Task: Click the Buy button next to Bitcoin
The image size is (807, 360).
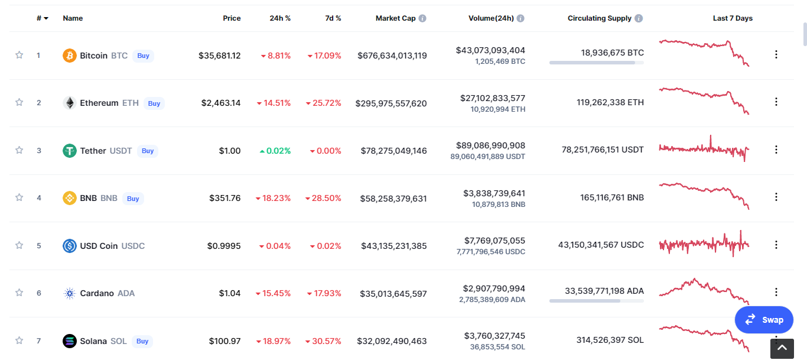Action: click(143, 56)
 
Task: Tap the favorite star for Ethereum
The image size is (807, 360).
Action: click(19, 102)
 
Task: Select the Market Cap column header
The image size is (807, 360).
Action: click(396, 18)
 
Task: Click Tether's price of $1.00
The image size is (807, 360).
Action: click(230, 151)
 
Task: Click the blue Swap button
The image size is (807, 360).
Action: click(764, 320)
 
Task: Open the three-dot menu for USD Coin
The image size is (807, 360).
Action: click(776, 245)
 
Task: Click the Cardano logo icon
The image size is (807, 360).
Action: click(70, 293)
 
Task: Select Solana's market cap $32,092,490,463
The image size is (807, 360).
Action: click(392, 341)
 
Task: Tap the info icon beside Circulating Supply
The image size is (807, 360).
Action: click(639, 18)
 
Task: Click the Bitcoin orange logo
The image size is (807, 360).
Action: click(70, 56)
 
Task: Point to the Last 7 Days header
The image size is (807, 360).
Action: click(733, 18)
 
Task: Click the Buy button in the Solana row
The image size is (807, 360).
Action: click(142, 341)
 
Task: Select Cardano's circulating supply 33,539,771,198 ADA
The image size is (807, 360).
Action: click(604, 291)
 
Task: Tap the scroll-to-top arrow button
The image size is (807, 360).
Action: click(782, 348)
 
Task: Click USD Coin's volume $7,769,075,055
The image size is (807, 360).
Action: click(494, 241)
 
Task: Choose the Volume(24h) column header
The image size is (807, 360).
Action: click(491, 18)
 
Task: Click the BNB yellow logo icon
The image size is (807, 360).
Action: click(70, 198)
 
